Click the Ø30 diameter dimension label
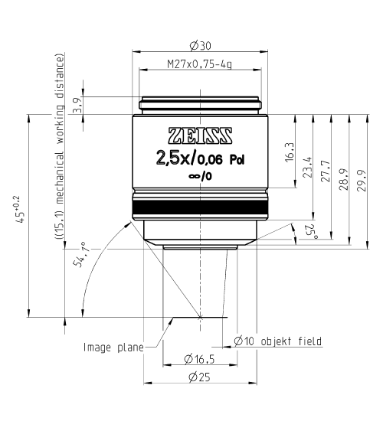pyautogui.click(x=200, y=46)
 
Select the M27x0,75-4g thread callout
pyautogui.click(x=200, y=64)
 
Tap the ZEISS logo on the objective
pyautogui.click(x=200, y=135)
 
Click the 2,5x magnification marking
pyautogui.click(x=173, y=158)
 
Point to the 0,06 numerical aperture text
pyautogui.click(x=210, y=160)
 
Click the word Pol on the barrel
pyautogui.click(x=237, y=160)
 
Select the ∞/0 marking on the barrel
pyautogui.click(x=200, y=176)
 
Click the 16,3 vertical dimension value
pyautogui.click(x=290, y=152)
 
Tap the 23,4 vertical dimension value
pyautogui.click(x=308, y=167)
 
